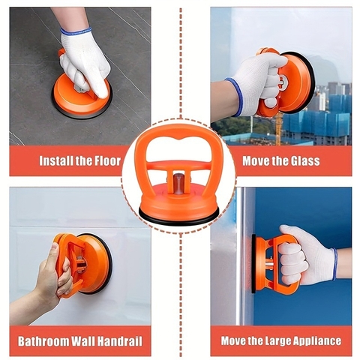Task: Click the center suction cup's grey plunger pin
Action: pyautogui.click(x=179, y=184)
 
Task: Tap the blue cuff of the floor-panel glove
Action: pyautogui.click(x=76, y=31)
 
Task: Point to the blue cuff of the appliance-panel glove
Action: pyautogui.click(x=334, y=264)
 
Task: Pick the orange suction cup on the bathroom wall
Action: pyautogui.click(x=83, y=265)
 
